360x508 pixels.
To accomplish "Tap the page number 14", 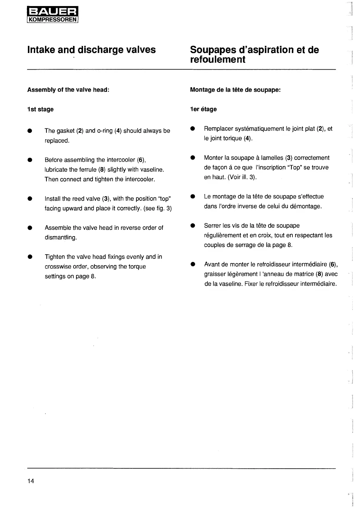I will pos(31,481).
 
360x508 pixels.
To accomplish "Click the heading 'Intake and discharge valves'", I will pos(92,50).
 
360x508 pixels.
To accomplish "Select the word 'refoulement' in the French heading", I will pos(218,59).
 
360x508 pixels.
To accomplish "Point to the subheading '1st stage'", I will pos(40,109).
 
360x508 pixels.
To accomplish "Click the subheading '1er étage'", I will pos(203,109).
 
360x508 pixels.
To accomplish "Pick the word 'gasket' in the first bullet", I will pos(65,131).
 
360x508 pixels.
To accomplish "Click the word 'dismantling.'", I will pos(61,237).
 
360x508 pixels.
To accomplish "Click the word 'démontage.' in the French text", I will pos(306,206).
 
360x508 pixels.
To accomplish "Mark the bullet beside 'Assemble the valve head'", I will pos(30,228).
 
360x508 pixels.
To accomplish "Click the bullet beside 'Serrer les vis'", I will pos(192,226).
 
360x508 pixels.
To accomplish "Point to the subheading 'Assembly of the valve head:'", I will pos(68,90).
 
